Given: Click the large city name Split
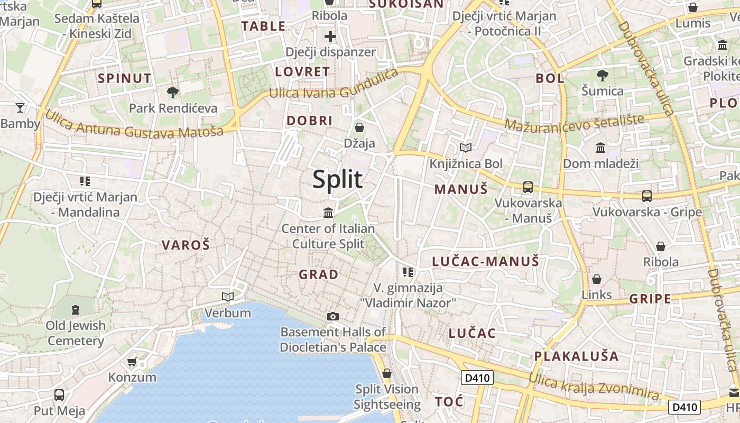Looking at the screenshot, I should [337, 179].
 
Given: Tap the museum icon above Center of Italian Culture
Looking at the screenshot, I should [328, 213].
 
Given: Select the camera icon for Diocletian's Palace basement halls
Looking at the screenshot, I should [332, 316].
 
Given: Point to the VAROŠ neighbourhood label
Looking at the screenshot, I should [186, 245].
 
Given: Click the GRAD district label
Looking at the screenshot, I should [318, 274].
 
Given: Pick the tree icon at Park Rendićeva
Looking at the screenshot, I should [172, 93].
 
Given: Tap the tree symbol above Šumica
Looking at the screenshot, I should [602, 76].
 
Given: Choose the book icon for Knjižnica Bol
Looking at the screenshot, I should [465, 148].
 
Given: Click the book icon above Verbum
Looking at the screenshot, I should [228, 297].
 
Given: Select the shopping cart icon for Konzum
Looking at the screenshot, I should [132, 362].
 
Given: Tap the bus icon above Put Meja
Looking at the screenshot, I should [59, 394].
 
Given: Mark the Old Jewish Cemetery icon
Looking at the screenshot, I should [76, 309].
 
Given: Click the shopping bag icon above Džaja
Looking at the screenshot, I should [359, 127].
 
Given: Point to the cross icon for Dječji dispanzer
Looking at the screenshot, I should [330, 36].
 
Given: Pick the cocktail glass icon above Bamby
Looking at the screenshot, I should [20, 108].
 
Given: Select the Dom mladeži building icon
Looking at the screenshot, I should [600, 148].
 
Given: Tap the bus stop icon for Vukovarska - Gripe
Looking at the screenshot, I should [647, 196].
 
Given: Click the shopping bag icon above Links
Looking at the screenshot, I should [597, 279].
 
